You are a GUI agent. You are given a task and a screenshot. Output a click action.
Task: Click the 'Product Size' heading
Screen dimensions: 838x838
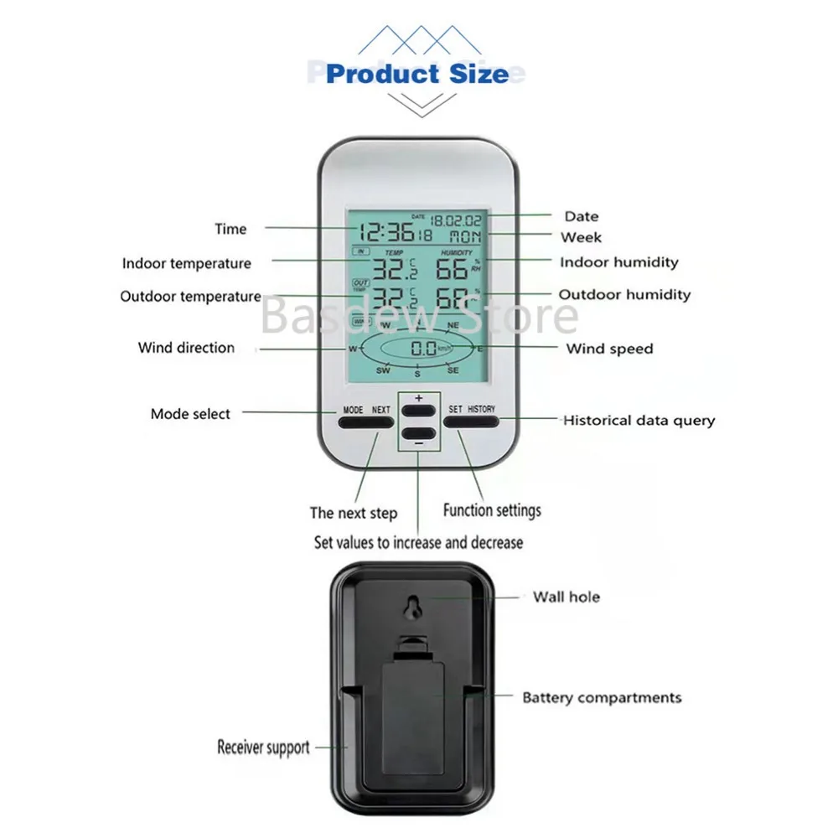417,74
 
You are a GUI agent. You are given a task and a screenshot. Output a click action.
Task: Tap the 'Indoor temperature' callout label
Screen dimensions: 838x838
186,263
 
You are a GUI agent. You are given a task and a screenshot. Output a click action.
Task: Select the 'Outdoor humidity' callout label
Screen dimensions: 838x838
624,294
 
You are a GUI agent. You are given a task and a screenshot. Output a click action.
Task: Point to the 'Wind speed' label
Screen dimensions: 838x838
609,349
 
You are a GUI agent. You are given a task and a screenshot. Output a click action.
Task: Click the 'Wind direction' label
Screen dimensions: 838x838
186,348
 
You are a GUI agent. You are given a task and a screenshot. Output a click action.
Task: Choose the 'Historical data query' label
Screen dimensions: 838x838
639,420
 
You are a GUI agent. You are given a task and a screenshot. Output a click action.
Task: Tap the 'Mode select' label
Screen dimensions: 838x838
190,413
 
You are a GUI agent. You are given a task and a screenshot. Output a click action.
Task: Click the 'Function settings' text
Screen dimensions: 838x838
492,510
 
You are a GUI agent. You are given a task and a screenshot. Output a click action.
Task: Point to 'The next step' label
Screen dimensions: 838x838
354,513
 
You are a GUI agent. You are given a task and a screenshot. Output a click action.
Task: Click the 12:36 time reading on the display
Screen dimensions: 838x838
384,234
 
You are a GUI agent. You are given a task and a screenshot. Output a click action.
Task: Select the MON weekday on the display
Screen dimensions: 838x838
465,237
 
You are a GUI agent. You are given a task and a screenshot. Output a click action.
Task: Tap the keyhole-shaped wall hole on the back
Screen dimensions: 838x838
411,608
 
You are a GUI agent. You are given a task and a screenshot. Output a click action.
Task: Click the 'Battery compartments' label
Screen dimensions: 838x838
602,697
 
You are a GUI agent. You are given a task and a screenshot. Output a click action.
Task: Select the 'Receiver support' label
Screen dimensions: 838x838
263,747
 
